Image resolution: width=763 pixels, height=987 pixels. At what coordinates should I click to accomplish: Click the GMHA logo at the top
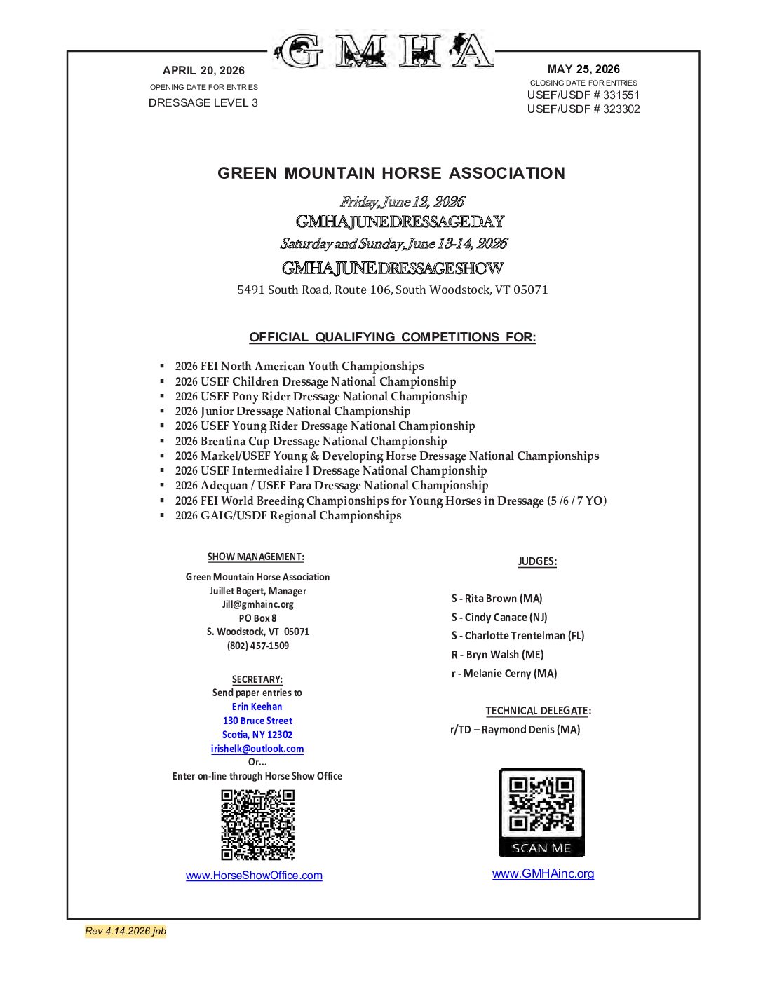(384, 50)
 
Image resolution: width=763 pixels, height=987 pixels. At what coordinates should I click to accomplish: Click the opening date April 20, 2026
(203, 70)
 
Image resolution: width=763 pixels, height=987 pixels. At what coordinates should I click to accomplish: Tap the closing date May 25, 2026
(583, 69)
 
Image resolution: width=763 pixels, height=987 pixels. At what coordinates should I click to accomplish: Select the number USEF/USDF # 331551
(583, 95)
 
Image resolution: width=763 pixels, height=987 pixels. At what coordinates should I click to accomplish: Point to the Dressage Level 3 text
(203, 102)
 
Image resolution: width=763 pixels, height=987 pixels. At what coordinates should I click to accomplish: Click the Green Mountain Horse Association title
(391, 173)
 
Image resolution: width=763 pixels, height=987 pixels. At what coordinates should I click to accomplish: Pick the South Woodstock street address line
(393, 290)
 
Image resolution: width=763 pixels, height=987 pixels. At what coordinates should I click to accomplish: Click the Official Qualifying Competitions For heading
(393, 337)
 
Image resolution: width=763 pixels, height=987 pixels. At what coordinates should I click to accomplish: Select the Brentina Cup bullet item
(311, 441)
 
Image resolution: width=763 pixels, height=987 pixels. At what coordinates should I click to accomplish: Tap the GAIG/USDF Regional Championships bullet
(288, 515)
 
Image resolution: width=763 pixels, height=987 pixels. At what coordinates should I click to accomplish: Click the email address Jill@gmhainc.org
(258, 604)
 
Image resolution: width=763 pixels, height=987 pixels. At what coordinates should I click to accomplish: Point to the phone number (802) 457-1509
(258, 646)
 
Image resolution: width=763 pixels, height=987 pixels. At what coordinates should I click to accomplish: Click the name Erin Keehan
(257, 707)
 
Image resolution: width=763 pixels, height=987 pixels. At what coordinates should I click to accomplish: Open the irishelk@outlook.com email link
(257, 749)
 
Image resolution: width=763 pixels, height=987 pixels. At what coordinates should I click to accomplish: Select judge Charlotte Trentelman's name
(518, 636)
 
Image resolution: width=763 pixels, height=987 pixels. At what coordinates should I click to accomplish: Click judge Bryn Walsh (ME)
(497, 655)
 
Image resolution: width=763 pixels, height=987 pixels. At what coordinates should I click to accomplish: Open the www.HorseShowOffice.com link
(254, 876)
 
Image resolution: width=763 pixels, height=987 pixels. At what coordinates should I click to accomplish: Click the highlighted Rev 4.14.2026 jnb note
(126, 931)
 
